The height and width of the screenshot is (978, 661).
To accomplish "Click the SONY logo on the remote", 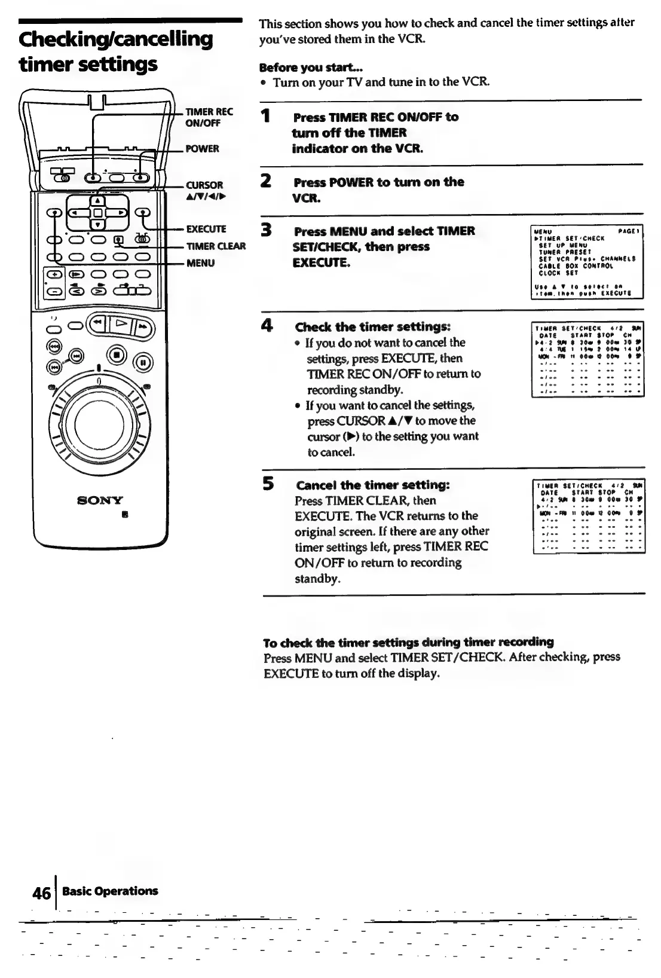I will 100,500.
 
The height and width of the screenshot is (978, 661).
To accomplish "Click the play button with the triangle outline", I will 119,326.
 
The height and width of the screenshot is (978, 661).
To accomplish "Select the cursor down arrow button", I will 99,224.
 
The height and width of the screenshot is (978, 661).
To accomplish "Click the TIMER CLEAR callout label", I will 216,246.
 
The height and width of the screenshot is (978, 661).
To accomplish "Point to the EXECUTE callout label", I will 206,229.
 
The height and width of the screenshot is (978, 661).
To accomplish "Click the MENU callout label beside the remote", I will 200,262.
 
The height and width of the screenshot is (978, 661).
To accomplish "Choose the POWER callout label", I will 202,148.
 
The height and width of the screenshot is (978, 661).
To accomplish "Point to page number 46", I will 41,893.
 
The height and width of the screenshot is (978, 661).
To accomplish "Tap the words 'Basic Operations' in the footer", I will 111,891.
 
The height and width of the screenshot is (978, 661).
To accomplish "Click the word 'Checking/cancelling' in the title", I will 116,39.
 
